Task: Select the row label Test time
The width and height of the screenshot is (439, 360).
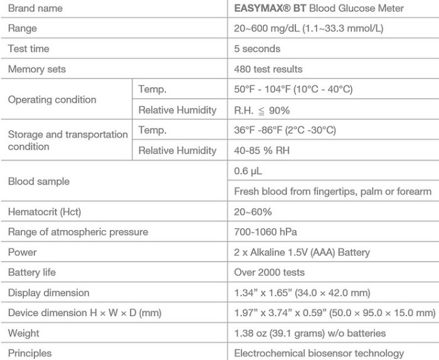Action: point(28,49)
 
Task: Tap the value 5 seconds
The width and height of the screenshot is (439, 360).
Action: point(257,49)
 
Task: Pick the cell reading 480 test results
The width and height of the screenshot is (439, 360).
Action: point(268,69)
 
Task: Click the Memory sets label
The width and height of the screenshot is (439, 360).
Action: point(36,69)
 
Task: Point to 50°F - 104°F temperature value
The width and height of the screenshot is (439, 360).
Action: point(293,90)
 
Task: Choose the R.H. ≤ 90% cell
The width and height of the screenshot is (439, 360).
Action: point(262,110)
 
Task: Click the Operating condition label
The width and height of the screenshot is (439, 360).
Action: point(52,100)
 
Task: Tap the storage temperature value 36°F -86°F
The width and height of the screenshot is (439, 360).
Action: point(285,130)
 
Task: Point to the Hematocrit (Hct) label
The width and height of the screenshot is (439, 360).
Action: point(43,212)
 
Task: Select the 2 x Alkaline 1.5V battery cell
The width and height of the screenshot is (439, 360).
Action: point(302,253)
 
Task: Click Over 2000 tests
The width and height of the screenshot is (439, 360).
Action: point(269,273)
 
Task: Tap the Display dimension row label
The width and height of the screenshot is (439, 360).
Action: point(48,293)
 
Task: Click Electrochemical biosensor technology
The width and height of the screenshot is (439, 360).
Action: point(319,353)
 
